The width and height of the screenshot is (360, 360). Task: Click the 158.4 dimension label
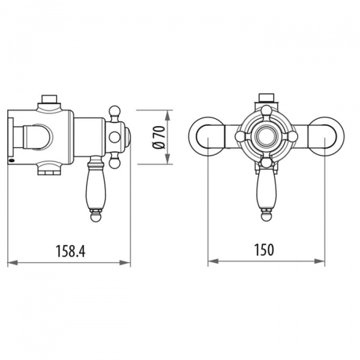click(x=71, y=251)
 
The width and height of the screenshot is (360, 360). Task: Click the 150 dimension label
click(x=264, y=250)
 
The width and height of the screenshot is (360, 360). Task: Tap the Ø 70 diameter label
click(x=160, y=137)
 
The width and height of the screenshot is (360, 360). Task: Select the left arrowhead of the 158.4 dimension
click(x=13, y=262)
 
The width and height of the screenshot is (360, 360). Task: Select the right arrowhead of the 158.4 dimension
click(x=125, y=262)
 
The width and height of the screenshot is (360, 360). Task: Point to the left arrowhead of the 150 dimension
click(x=213, y=261)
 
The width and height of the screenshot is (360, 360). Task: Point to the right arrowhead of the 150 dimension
click(x=320, y=261)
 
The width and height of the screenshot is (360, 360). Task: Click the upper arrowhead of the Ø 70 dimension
click(x=168, y=115)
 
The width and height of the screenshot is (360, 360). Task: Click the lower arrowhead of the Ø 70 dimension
click(x=168, y=159)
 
